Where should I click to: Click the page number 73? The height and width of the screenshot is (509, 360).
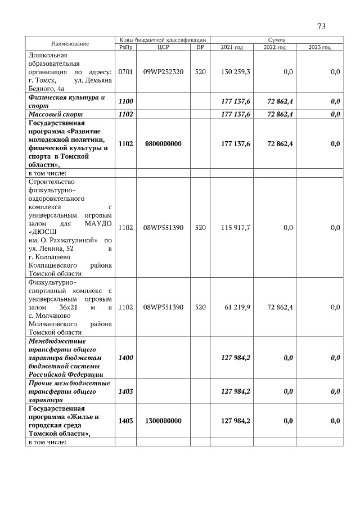point(321,26)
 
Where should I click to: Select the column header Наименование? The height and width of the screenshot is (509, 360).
point(70,43)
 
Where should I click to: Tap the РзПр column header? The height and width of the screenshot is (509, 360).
point(125,47)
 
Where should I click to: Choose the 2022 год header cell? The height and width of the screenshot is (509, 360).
point(274,47)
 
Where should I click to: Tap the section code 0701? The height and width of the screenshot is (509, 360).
point(125,72)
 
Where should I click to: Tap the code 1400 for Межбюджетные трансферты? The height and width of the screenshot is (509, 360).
point(125,358)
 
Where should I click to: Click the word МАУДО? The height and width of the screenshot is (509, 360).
point(98,223)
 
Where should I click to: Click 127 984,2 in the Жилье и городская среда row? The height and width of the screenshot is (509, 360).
point(236,420)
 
